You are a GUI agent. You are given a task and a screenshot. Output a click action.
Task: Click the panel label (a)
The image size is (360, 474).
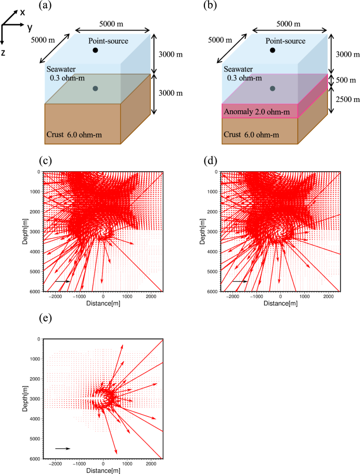coord(46,6)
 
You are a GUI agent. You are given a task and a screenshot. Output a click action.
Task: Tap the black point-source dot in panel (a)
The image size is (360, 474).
coord(95,50)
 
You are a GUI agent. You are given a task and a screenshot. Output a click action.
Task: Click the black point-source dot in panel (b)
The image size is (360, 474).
coord(272,50)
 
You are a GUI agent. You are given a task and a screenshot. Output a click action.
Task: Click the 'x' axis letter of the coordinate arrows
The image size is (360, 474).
coord(23,11)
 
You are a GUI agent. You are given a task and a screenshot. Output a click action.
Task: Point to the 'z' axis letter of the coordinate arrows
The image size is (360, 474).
coord(4,53)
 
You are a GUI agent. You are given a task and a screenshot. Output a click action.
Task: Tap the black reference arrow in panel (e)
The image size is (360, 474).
coord(62,448)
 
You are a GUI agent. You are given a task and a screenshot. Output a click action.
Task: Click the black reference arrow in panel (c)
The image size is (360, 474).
coord(62,281)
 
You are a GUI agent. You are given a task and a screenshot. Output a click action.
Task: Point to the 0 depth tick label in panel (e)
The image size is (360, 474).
coord(39,339)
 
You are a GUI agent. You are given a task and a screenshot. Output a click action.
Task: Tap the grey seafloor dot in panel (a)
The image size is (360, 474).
coord(95,89)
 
